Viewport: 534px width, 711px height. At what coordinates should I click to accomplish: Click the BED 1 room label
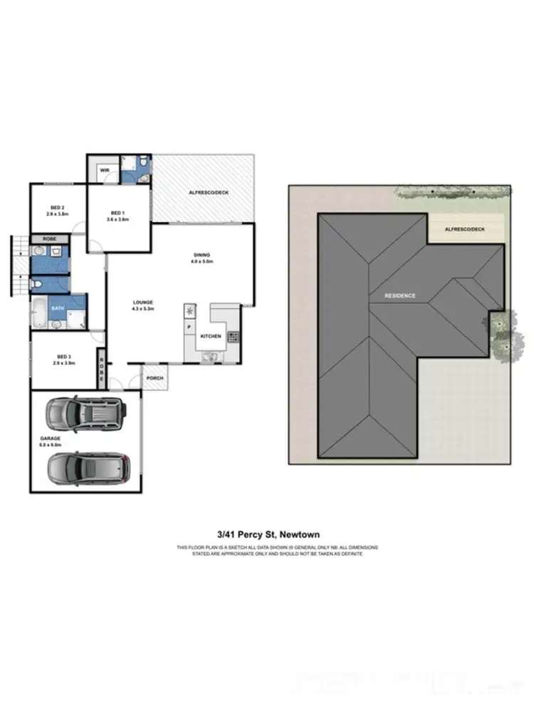tap(117, 213)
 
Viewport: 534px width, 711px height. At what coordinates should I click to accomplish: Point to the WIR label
tap(104, 170)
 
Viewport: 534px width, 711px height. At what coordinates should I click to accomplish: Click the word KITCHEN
tap(211, 336)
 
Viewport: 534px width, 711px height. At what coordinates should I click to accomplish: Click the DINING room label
tap(202, 255)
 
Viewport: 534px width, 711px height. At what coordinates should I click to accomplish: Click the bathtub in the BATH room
tap(39, 313)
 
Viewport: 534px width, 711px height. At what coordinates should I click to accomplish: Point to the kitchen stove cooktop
tap(234, 338)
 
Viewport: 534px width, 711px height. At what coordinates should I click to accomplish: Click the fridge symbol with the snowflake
tap(189, 311)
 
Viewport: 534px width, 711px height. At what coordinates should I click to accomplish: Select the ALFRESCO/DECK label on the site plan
tap(464, 229)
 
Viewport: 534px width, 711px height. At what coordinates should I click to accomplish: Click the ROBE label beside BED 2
tap(50, 239)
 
